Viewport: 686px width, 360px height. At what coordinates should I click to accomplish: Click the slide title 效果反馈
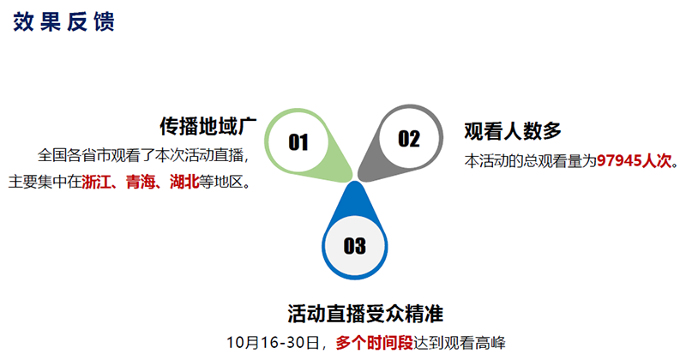(63, 21)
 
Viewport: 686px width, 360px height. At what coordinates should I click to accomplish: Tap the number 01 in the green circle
(298, 142)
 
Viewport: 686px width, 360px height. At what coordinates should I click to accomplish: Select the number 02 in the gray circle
(409, 139)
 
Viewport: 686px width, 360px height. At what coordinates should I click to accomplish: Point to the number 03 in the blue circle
(354, 246)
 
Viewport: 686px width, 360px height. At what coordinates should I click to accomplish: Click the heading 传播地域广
(208, 126)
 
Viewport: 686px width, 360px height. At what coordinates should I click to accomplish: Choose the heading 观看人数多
(513, 131)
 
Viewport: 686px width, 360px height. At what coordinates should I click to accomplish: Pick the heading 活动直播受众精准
(365, 313)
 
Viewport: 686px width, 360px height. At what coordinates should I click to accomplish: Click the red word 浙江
(96, 182)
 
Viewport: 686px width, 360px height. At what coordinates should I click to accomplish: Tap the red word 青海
(141, 182)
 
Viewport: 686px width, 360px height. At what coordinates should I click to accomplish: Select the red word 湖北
(184, 182)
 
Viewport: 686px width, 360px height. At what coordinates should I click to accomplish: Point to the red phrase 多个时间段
(375, 343)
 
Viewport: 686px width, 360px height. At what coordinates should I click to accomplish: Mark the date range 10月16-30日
(273, 343)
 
